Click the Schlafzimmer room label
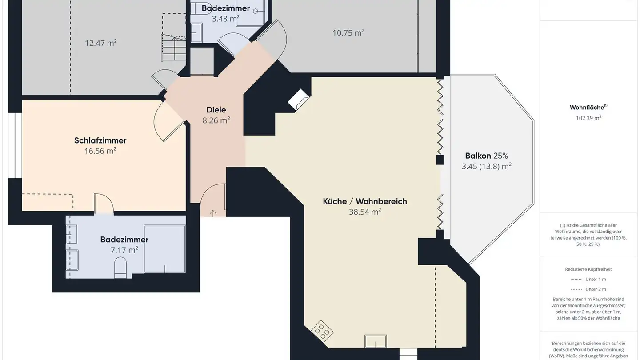100,140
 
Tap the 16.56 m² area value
100,151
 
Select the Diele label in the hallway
216,110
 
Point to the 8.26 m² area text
216,120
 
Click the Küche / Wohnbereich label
364,201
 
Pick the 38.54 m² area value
364,212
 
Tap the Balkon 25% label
486,156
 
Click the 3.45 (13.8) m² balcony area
486,166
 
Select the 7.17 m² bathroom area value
124,250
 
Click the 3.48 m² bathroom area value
225,19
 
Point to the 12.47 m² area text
100,43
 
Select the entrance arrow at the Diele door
213,213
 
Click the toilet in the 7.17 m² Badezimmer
120,268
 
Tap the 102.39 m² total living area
588,118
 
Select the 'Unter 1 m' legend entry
588,279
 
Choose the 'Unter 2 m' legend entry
588,289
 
